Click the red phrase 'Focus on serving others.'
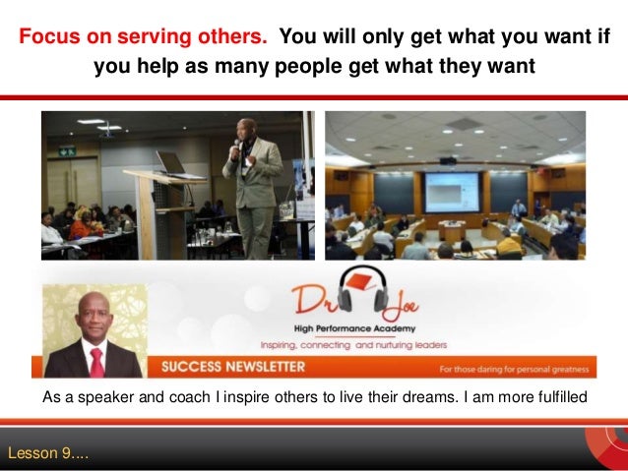(143, 38)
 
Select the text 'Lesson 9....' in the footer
(47, 453)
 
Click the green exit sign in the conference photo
(66, 150)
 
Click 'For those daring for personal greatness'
(513, 370)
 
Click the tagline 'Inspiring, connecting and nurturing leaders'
(352, 344)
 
